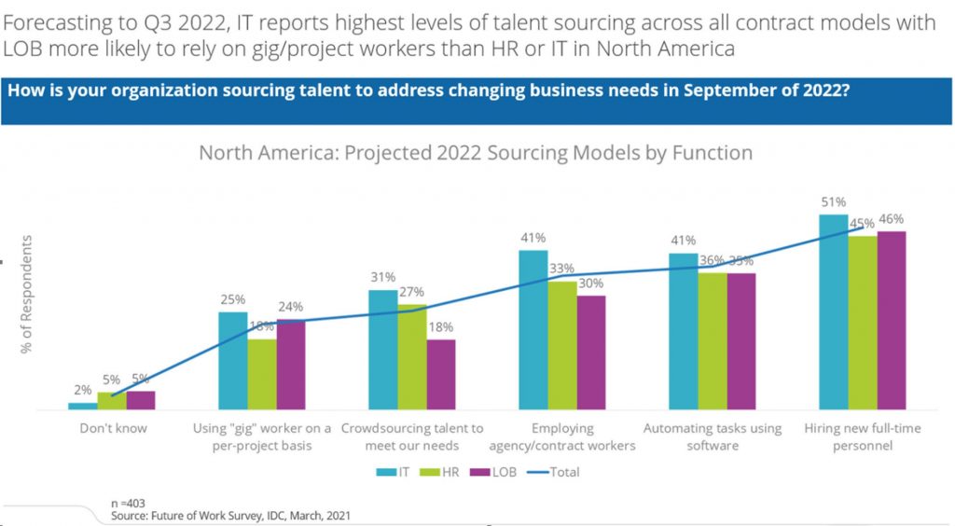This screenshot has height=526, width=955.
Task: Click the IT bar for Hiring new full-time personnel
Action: tap(833, 311)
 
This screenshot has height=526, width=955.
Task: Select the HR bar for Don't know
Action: tap(112, 401)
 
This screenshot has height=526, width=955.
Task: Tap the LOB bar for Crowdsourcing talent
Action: tap(441, 374)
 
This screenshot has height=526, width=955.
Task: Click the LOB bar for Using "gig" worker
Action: tap(291, 364)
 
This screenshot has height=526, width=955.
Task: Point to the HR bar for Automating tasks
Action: tap(713, 340)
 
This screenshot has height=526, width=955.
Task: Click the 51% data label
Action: tap(833, 201)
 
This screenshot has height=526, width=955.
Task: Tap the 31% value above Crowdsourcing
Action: tap(382, 277)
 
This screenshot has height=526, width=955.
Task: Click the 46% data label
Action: tap(892, 218)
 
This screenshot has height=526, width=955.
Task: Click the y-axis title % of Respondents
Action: tap(27, 294)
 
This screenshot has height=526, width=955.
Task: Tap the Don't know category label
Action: tap(111, 429)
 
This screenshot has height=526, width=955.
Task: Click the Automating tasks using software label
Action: tap(713, 436)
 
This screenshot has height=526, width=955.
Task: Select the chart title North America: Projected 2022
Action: tap(476, 152)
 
